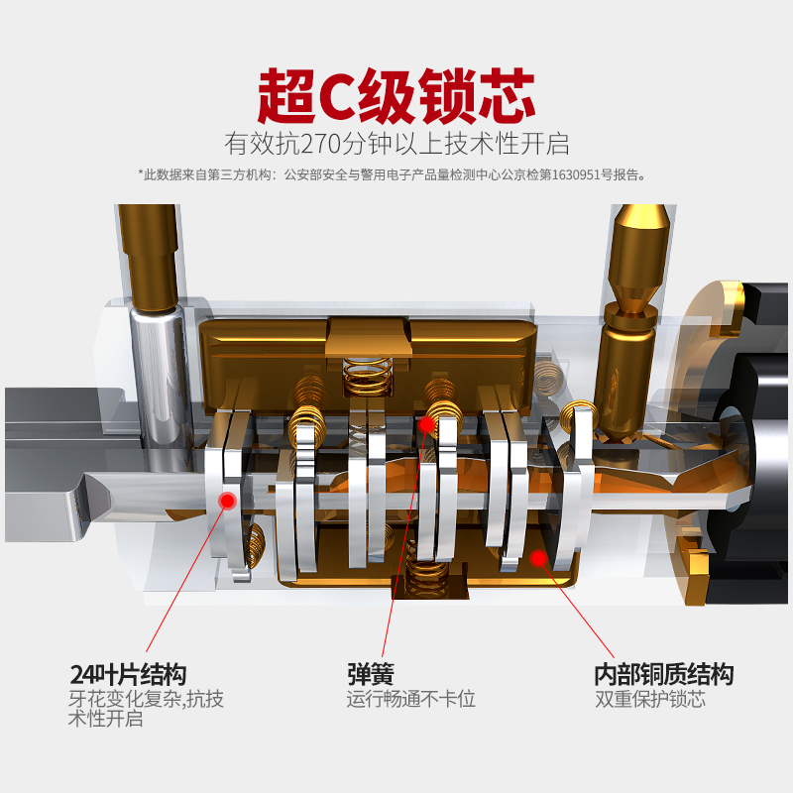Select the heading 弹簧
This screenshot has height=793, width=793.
click(370, 675)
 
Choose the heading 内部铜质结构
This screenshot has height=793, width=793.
click(663, 675)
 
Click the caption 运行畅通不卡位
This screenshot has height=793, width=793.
click(410, 699)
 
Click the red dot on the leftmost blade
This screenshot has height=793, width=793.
click(227, 500)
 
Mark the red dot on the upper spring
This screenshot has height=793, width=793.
click(425, 424)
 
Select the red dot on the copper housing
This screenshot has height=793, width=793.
click(538, 558)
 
